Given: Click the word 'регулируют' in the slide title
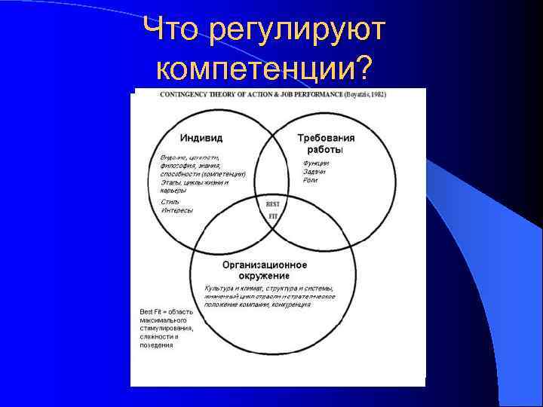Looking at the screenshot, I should click(x=298, y=31).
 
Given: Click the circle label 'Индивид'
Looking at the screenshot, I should click(x=201, y=139).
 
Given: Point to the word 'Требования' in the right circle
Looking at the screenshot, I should click(x=326, y=139).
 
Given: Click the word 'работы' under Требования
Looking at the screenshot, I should click(x=324, y=149).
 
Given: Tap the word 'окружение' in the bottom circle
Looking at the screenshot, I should click(x=265, y=276).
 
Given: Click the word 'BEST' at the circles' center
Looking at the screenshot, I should click(x=273, y=204).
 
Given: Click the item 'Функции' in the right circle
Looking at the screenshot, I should click(x=316, y=164).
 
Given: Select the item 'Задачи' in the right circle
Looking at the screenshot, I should click(x=314, y=173).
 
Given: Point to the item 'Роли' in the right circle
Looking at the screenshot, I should click(x=310, y=181).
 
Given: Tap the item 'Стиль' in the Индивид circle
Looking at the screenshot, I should click(x=170, y=202).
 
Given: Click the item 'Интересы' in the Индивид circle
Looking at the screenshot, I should click(x=176, y=210).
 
